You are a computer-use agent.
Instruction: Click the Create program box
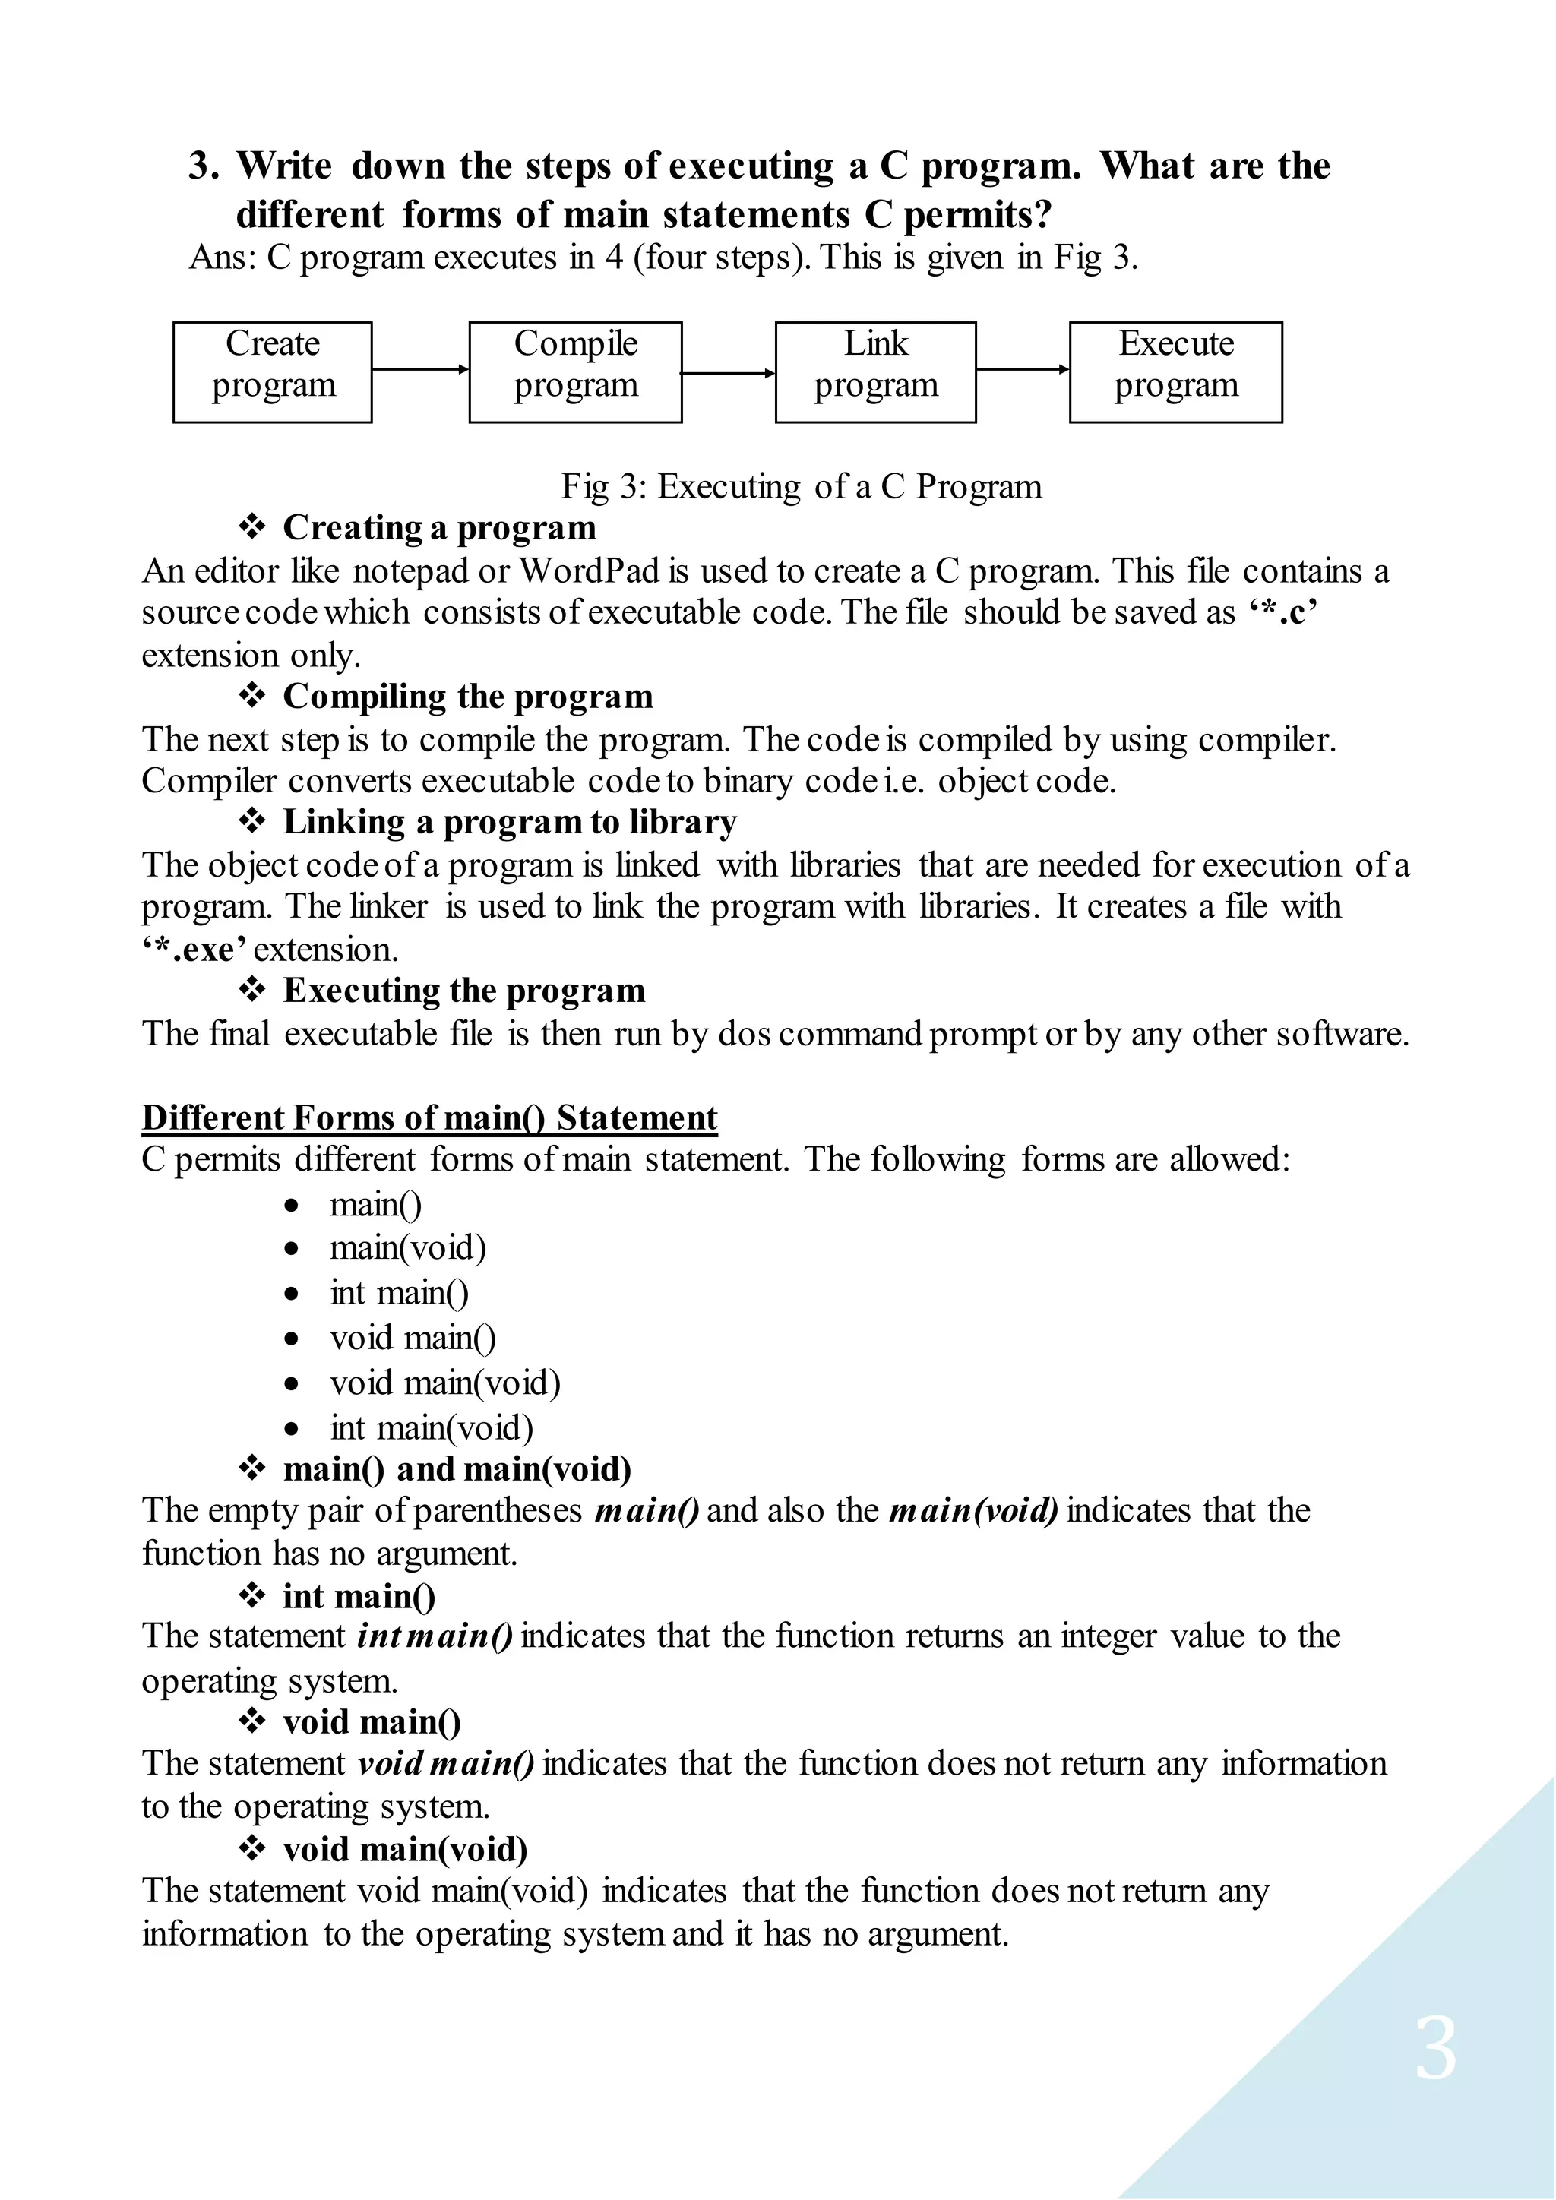[x=272, y=373]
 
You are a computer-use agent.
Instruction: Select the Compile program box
[x=575, y=373]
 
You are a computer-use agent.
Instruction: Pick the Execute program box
[x=1175, y=373]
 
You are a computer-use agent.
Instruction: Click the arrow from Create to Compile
[x=419, y=369]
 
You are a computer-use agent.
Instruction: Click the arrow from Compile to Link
[x=728, y=373]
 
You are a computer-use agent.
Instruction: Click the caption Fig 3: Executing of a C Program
[x=801, y=487]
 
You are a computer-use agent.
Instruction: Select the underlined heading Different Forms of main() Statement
[x=429, y=1118]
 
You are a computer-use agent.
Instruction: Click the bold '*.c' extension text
[x=1284, y=612]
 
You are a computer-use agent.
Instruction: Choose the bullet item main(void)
[x=408, y=1247]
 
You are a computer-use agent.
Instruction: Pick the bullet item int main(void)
[x=431, y=1427]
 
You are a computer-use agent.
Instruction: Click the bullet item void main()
[x=413, y=1338]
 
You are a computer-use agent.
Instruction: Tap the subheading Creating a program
[x=439, y=528]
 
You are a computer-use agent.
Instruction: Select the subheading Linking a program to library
[x=510, y=822]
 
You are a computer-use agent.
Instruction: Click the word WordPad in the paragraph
[x=590, y=571]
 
